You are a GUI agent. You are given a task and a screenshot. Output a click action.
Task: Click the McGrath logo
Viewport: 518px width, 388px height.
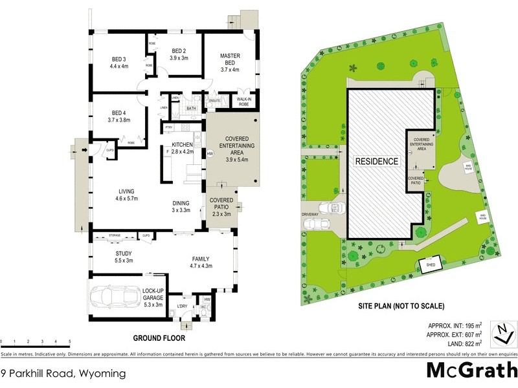point(471,371)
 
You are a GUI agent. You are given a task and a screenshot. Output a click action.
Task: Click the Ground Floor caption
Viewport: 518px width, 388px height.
point(159,338)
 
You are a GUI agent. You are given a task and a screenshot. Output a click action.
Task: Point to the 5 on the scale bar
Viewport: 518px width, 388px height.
point(69,341)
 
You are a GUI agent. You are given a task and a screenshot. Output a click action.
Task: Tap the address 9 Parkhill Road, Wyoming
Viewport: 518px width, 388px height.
point(62,373)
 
